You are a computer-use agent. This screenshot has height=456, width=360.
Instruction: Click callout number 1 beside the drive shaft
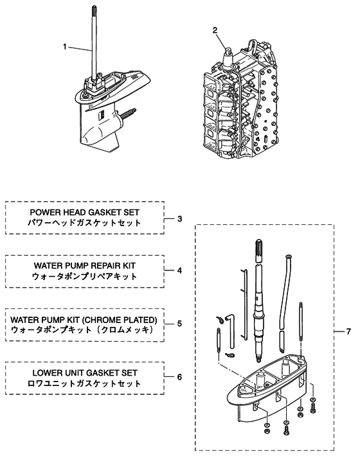tap(65, 46)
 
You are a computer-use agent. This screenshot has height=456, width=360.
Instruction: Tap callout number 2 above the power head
tap(215, 30)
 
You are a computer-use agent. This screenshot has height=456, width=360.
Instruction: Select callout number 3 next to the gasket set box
tap(180, 219)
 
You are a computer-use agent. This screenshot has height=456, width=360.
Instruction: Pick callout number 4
tap(180, 270)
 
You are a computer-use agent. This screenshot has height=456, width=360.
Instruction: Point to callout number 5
tap(180, 324)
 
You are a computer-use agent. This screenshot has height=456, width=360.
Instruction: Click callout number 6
tap(180, 377)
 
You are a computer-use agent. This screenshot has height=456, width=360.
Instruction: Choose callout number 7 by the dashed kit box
tap(348, 331)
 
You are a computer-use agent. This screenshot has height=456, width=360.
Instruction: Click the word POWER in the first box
tap(44, 213)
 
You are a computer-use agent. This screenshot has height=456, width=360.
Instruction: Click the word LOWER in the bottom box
tap(44, 373)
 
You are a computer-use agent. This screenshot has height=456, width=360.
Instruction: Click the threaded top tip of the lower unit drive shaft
tap(94, 9)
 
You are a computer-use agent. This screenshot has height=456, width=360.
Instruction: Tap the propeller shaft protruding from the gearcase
tap(127, 114)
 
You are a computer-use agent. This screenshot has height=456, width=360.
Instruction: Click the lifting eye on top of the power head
tap(251, 46)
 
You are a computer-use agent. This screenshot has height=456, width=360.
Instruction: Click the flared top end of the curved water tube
tap(289, 256)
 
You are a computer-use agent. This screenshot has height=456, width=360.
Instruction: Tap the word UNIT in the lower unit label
tap(71, 373)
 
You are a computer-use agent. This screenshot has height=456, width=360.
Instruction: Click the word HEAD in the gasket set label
tap(73, 213)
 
